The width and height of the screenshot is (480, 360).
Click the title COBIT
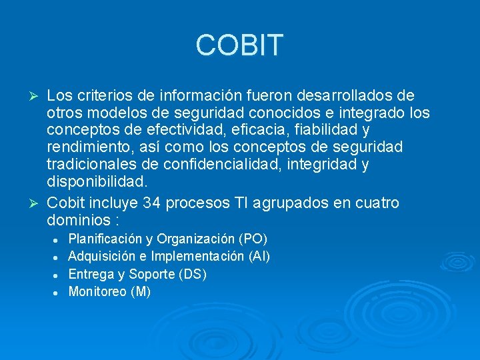click(x=239, y=45)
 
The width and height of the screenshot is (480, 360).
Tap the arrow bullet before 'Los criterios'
click(x=37, y=95)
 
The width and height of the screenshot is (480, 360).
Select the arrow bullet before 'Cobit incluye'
click(x=37, y=203)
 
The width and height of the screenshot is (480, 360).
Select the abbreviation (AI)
click(x=259, y=256)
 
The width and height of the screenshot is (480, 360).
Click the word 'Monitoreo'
click(x=97, y=291)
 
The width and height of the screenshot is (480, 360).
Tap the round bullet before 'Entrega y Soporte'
click(x=59, y=274)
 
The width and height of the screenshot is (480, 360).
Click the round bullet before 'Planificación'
click(x=59, y=239)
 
